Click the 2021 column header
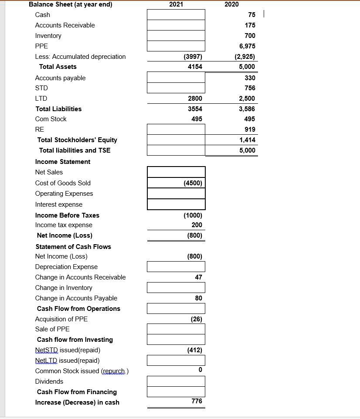click(x=176, y=4)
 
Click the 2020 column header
click(x=231, y=4)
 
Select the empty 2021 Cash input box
click(x=176, y=15)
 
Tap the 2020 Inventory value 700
click(x=250, y=36)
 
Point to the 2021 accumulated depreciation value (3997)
click(x=192, y=57)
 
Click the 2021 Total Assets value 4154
click(x=195, y=67)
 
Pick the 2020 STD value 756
click(x=250, y=88)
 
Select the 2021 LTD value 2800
click(x=195, y=99)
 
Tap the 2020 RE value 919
click(x=250, y=129)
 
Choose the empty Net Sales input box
click(x=176, y=172)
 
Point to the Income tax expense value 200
click(x=197, y=225)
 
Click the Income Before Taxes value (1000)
click(x=193, y=215)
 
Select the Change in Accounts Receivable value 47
click(x=198, y=277)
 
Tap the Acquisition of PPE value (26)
click(x=196, y=319)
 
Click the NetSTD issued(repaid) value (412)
click(x=194, y=350)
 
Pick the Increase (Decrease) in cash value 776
click(x=197, y=401)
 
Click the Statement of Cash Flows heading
click(x=73, y=247)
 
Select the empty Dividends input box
click(x=176, y=382)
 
